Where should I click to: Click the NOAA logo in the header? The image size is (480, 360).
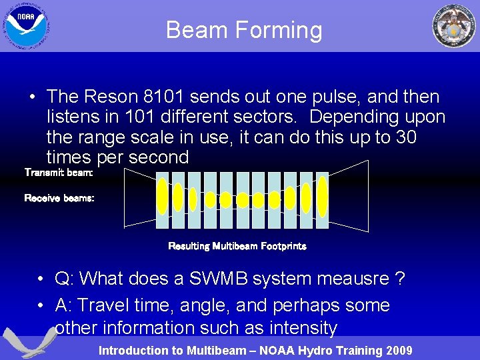coord(26,25)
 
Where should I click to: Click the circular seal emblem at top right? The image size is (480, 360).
coord(454,26)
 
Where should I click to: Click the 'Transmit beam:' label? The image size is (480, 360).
coord(59,173)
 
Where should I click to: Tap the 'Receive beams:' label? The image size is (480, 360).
coord(59,198)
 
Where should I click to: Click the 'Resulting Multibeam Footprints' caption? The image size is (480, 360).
coord(237,246)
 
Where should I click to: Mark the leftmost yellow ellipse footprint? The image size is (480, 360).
coord(162,196)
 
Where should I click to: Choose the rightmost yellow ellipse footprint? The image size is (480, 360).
coord(323,196)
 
